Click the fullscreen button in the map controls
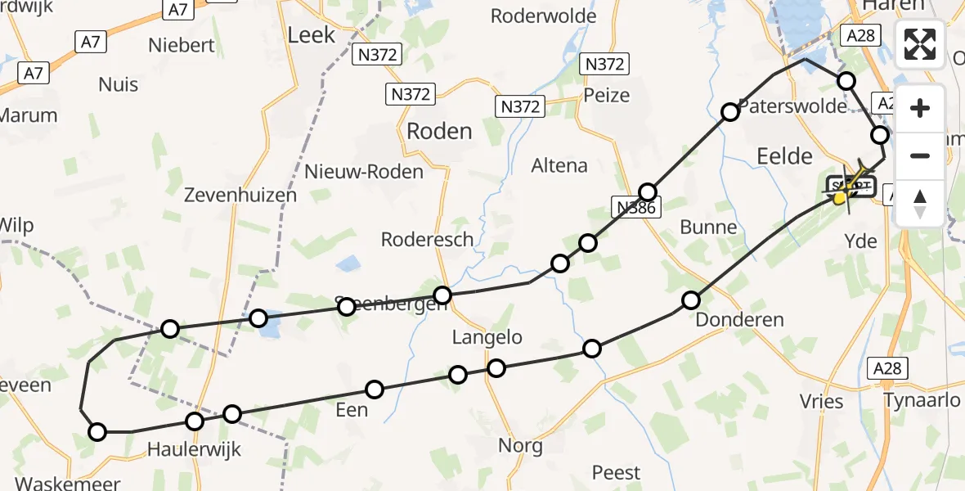(x=920, y=43)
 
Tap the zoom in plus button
(x=920, y=109)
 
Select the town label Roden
(x=439, y=131)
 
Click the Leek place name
(x=312, y=34)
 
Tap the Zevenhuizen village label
(x=229, y=195)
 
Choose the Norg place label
(x=520, y=446)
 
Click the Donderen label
(x=739, y=320)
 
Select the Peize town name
(x=607, y=95)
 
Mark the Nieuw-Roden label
(x=364, y=172)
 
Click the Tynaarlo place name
(x=922, y=400)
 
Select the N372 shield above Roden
(x=409, y=94)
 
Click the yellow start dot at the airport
(x=839, y=197)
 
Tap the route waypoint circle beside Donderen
(x=691, y=300)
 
